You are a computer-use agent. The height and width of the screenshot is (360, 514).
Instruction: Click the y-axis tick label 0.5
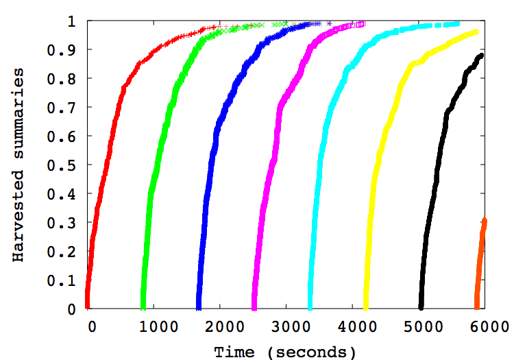(x=63, y=165)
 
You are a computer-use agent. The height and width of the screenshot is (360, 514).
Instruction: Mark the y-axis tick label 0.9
(x=63, y=50)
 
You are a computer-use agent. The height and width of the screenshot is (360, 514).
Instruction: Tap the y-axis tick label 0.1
(x=63, y=280)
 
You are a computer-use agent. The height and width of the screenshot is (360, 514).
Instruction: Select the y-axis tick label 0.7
(x=63, y=108)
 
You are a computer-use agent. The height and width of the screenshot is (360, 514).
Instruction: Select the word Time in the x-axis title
(x=235, y=352)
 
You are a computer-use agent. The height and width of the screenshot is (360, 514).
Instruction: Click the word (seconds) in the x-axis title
(x=313, y=352)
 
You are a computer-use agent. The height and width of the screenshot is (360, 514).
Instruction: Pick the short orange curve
(x=480, y=261)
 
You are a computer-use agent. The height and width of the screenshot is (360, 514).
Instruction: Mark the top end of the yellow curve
(x=476, y=32)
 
